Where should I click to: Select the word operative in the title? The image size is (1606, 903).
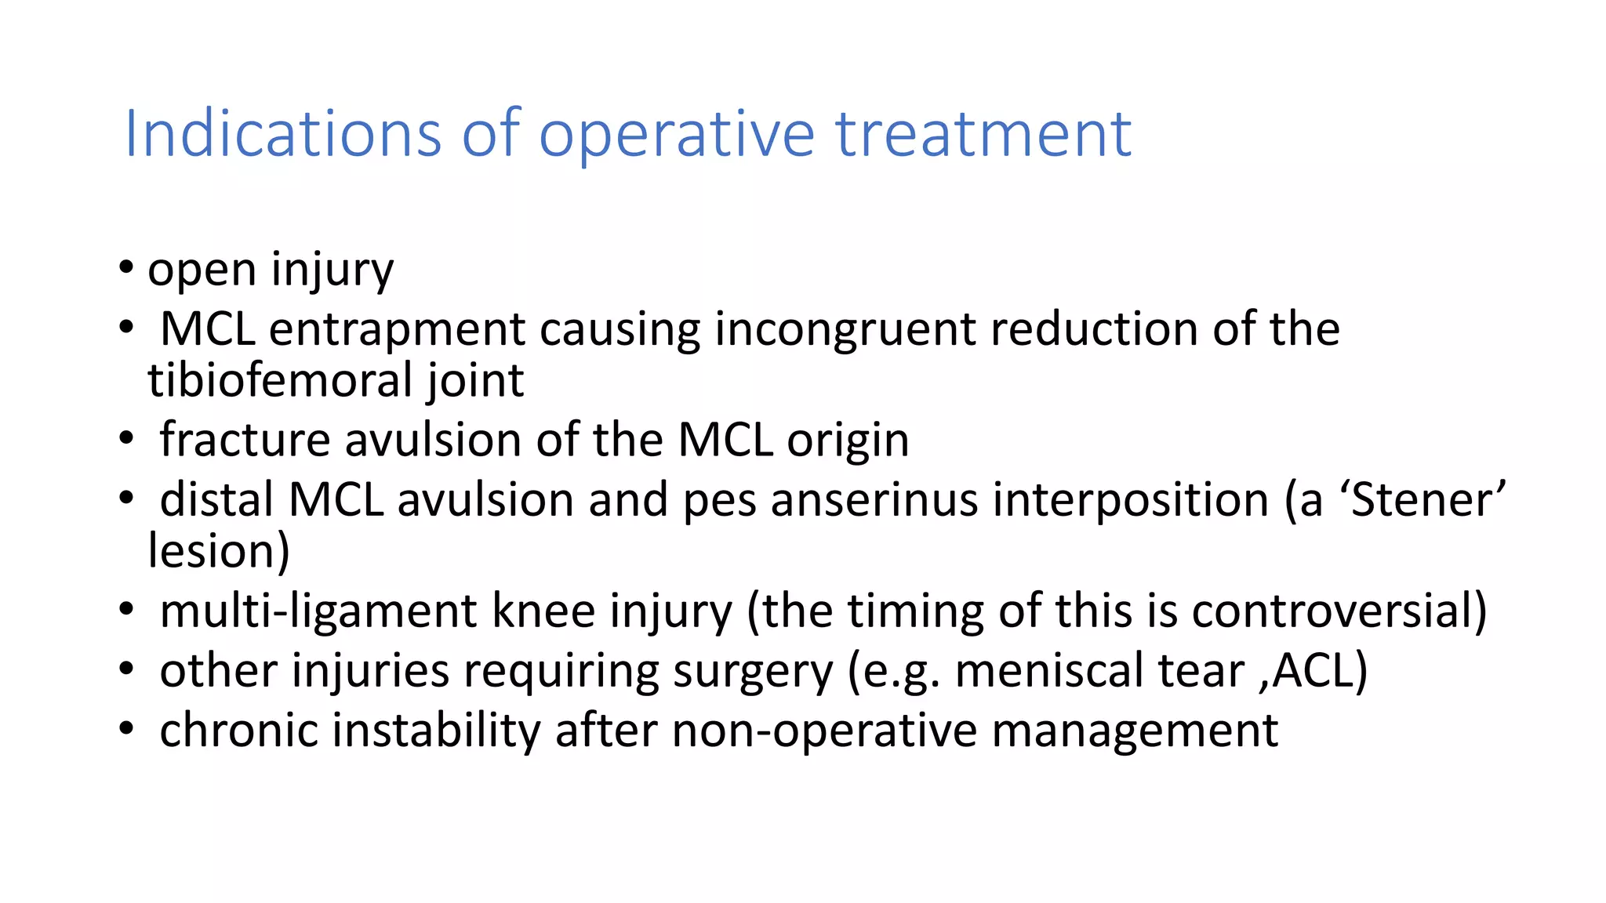[677, 134]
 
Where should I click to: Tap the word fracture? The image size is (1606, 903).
[245, 440]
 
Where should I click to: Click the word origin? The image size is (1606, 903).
[848, 440]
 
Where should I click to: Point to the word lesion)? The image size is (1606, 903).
[219, 551]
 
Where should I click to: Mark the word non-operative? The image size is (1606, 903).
[823, 731]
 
